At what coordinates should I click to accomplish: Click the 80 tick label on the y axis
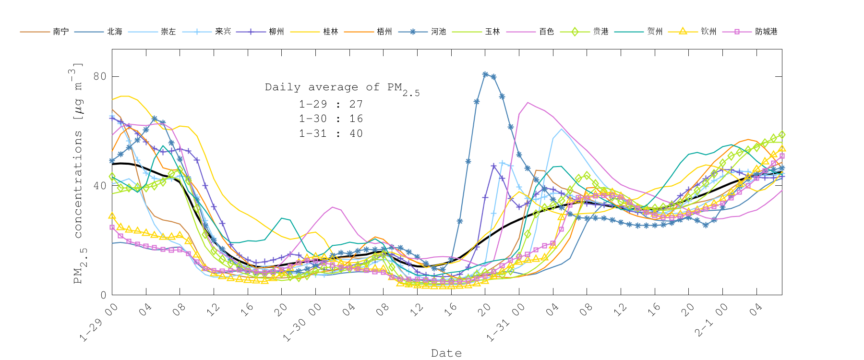tap(100, 76)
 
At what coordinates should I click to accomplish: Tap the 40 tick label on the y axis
tap(100, 186)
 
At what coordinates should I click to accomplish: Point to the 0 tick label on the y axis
tap(103, 295)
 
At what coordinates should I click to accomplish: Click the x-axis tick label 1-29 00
tap(98, 323)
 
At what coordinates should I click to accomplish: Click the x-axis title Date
tap(446, 353)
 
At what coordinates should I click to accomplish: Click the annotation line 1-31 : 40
tap(331, 133)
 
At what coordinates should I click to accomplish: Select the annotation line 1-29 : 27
tap(331, 104)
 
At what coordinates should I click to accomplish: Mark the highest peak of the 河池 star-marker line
tap(485, 74)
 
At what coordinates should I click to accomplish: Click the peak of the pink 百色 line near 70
tap(528, 102)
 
